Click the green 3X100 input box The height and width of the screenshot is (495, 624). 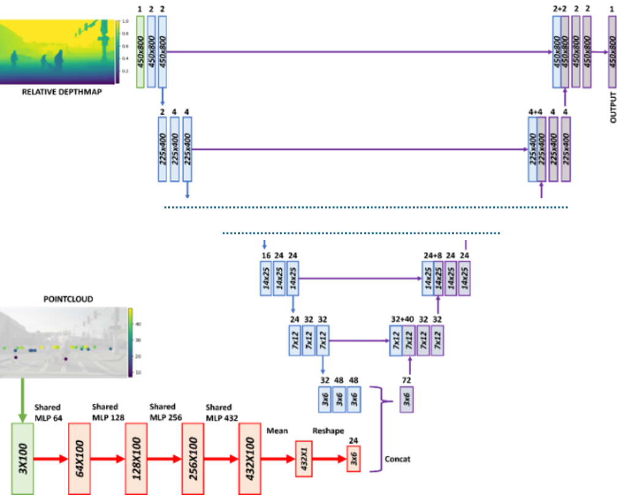click(x=23, y=458)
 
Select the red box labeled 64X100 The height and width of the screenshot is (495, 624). click(x=80, y=458)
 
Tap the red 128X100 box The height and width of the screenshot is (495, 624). click(x=135, y=458)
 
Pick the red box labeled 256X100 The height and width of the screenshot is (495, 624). click(x=192, y=458)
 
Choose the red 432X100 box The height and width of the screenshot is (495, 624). click(x=249, y=458)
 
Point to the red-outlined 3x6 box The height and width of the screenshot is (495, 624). click(x=353, y=458)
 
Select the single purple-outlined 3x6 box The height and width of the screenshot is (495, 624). click(x=407, y=400)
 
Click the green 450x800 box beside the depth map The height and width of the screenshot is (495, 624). click(x=140, y=53)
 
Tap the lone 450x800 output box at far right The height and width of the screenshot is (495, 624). click(x=612, y=53)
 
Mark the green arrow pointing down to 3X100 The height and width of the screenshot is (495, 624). click(x=23, y=400)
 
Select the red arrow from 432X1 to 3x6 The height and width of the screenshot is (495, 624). click(x=330, y=458)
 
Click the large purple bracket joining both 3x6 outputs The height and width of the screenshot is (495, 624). click(x=382, y=428)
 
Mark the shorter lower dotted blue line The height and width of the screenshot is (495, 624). click(x=361, y=233)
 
